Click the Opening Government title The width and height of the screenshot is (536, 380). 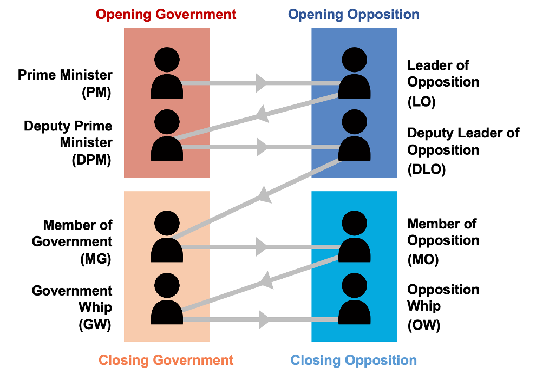[x=166, y=14]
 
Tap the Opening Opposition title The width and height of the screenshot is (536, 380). [x=354, y=14]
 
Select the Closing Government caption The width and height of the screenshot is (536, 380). [x=166, y=360]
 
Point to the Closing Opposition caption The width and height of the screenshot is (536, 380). [x=354, y=360]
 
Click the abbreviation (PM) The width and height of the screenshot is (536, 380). [x=96, y=93]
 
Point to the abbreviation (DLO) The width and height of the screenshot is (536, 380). [x=427, y=169]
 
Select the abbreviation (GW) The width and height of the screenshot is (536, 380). [x=95, y=325]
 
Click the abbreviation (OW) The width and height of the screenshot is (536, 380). [x=424, y=325]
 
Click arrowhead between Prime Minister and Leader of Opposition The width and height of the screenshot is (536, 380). [x=262, y=83]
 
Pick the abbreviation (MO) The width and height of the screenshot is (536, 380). [x=423, y=260]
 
